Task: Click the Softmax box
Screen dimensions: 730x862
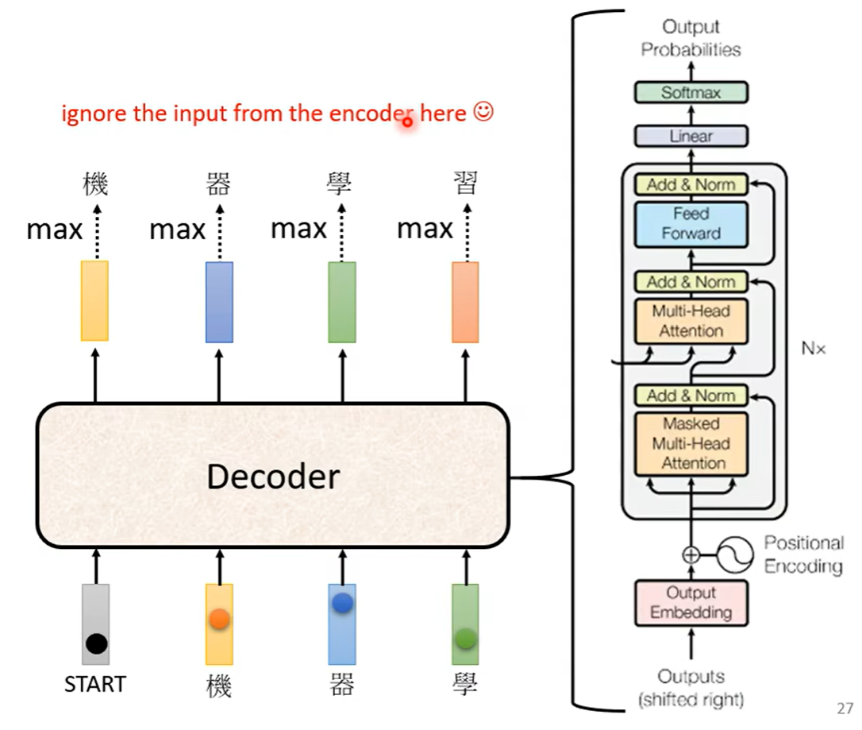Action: pos(691,92)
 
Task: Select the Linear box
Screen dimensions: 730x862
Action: pos(691,136)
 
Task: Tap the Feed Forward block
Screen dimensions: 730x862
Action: pos(691,223)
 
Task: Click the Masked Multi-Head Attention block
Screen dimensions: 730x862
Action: pos(691,443)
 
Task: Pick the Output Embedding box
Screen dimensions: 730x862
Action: pos(691,603)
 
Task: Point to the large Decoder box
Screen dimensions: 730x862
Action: pos(272,476)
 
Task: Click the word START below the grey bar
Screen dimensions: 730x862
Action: pos(95,684)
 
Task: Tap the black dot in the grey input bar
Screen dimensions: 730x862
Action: pos(96,643)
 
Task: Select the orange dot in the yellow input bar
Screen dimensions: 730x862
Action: pos(219,620)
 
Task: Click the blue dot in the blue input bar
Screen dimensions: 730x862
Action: pos(342,604)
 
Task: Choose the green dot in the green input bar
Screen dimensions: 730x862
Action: pos(465,636)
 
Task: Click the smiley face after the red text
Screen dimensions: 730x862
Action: pos(483,113)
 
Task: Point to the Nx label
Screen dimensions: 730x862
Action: pos(814,348)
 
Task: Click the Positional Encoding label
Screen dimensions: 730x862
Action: pos(803,554)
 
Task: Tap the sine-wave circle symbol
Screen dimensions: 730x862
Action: pos(734,554)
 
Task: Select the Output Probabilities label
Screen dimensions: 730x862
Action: pos(691,38)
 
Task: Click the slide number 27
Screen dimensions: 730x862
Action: pos(845,708)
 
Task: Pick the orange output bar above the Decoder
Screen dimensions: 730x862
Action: pos(465,302)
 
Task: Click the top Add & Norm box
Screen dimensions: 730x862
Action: pos(691,184)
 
